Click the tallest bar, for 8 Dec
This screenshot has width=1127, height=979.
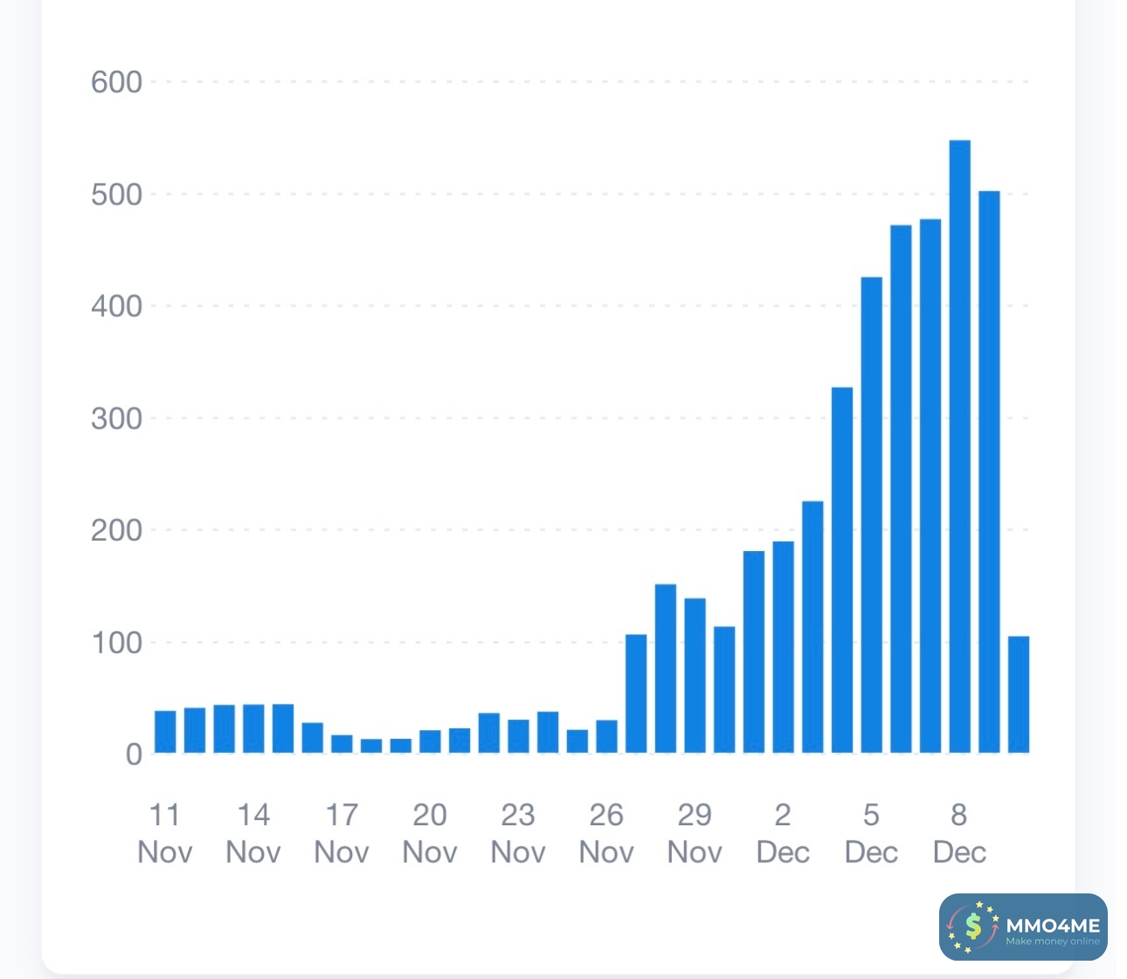959,445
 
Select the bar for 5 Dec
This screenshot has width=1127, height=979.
871,514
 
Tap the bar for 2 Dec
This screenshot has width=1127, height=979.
783,646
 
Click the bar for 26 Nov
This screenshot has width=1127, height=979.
606,736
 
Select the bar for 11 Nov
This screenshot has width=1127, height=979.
165,732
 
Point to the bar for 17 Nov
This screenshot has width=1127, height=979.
342,743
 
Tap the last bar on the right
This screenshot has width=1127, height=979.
1019,694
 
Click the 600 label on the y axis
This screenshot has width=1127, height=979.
116,82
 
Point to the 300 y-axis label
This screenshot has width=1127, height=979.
116,418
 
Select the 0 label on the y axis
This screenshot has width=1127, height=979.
133,754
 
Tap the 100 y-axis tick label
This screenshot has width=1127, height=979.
116,643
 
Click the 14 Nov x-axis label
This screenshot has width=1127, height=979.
253,833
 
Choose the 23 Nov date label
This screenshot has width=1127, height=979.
518,833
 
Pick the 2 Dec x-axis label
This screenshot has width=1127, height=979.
783,833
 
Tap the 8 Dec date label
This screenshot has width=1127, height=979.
959,833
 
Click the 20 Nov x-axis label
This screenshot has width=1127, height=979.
430,833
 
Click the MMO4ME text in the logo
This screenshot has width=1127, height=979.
1053,925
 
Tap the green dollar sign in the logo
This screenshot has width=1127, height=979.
973,927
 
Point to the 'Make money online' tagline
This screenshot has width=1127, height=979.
1053,941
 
